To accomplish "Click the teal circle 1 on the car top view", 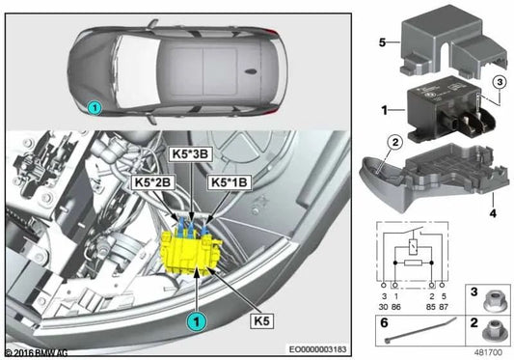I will click(x=94, y=109).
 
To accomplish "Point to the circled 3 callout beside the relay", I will click(x=497, y=83).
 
